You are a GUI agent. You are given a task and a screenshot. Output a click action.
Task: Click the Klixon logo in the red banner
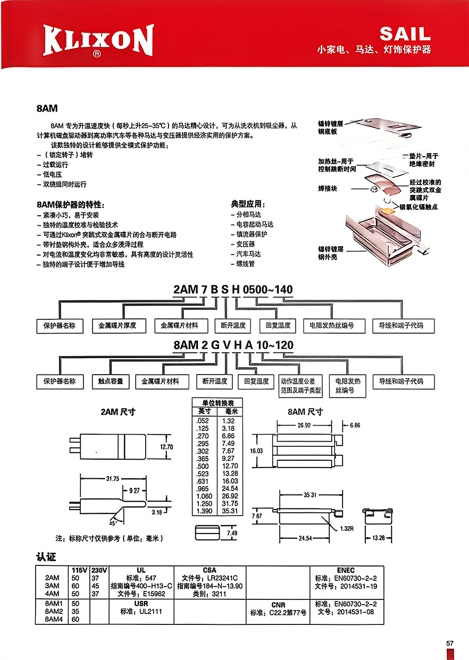click(98, 40)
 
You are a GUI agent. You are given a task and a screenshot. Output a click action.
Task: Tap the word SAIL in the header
click(405, 34)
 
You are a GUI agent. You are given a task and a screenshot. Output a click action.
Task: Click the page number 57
click(450, 643)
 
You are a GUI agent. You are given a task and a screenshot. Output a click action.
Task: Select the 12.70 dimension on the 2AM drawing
click(166, 447)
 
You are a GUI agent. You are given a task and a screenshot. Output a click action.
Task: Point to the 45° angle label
click(113, 523)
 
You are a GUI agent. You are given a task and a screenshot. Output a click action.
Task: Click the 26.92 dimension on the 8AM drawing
click(304, 425)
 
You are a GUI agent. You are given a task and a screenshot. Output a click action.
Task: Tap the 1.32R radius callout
click(347, 528)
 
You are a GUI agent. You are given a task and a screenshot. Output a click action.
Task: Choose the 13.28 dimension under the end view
click(379, 538)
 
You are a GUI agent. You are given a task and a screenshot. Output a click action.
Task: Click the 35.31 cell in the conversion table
click(230, 511)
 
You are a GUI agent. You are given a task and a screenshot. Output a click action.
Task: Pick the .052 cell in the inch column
click(203, 421)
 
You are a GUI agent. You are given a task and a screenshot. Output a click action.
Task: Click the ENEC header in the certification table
click(346, 570)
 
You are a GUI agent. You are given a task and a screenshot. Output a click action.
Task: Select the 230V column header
click(99, 570)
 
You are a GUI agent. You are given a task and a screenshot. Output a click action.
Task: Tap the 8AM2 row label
click(54, 612)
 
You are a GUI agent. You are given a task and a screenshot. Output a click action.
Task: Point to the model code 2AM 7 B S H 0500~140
click(233, 289)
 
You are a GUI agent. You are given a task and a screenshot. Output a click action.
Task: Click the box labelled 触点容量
click(111, 382)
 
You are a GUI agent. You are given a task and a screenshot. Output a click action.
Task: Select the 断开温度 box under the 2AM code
click(233, 326)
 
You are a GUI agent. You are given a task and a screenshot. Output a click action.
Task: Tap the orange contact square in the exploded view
click(387, 211)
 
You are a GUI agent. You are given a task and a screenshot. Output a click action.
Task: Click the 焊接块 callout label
click(328, 189)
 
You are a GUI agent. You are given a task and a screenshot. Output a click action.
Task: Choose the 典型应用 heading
click(248, 204)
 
